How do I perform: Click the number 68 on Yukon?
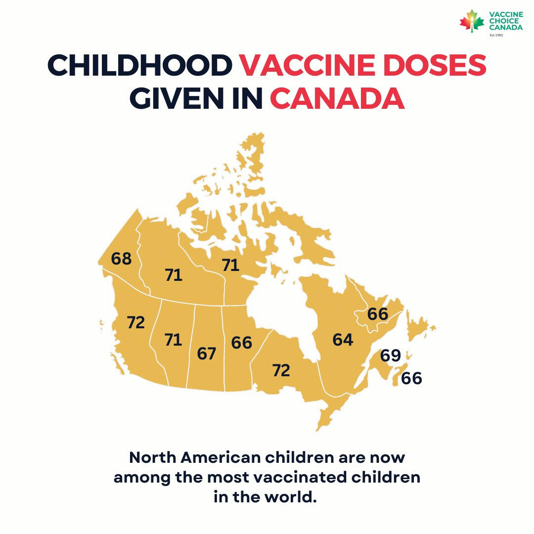122,259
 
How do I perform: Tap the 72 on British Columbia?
135,323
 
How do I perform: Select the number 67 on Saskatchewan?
207,354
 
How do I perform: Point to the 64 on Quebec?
343,340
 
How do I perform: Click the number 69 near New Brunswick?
390,356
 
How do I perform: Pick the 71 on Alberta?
174,340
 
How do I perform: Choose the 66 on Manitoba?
241,342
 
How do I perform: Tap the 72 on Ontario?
281,370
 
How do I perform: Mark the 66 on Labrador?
378,313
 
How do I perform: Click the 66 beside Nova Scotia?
411,379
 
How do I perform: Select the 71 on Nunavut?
230,266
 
